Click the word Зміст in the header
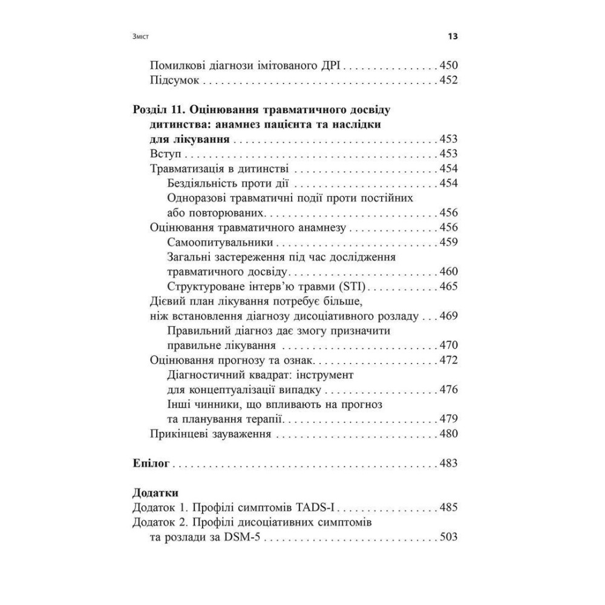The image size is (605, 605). (140, 37)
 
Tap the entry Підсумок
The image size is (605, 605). (174, 80)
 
